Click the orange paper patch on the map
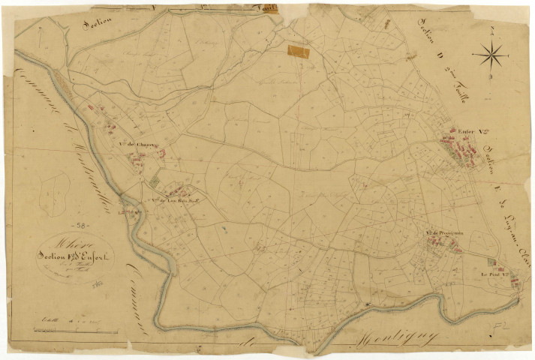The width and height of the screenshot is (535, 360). [299, 50]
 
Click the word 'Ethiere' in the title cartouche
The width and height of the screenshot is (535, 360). [64, 241]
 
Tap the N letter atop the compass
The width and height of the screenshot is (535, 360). [489, 31]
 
